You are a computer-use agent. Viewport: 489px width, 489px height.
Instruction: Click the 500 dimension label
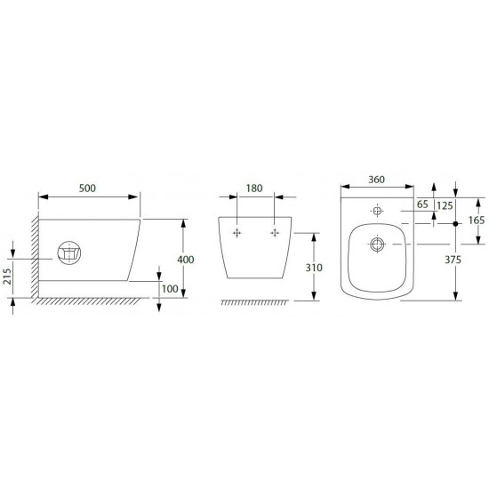coord(87,188)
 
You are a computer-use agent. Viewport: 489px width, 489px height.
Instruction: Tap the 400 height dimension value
coord(186,260)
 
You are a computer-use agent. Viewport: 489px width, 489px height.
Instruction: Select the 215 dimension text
coord(7,277)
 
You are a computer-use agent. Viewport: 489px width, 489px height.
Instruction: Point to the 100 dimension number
coord(170,289)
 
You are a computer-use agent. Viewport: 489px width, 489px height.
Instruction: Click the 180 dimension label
coord(254,188)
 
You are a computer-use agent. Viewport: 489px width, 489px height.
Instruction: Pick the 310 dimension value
coord(314,268)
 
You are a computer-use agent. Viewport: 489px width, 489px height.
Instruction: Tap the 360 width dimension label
coord(377,180)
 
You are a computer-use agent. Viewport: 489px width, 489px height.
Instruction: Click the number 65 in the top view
coord(422,204)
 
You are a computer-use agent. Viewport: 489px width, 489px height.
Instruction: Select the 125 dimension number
coord(445,205)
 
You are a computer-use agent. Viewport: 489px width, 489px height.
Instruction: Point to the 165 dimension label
coord(477,220)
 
